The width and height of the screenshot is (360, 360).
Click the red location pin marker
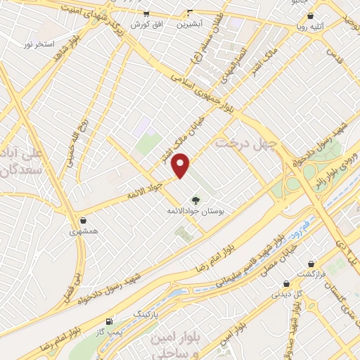181,165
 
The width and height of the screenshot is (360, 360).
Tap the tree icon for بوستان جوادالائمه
195,200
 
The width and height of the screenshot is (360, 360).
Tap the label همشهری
83,231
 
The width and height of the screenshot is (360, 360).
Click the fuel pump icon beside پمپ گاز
108,322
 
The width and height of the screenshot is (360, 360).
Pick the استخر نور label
39,44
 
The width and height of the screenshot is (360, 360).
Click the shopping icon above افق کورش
146,13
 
